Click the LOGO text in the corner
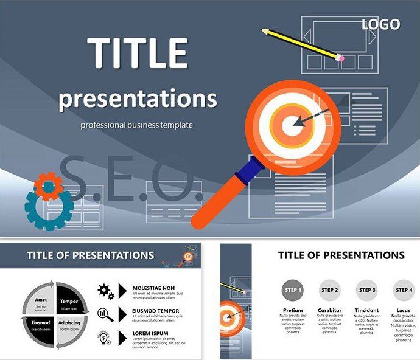point(381,24)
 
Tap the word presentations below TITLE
point(138,98)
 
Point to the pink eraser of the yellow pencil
point(340,58)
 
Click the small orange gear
point(47,186)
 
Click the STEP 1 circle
point(293,291)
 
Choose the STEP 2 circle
point(330,291)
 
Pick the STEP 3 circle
point(366,291)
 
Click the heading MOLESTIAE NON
point(154,288)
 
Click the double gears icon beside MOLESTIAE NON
point(106,291)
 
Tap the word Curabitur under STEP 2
point(329,310)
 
